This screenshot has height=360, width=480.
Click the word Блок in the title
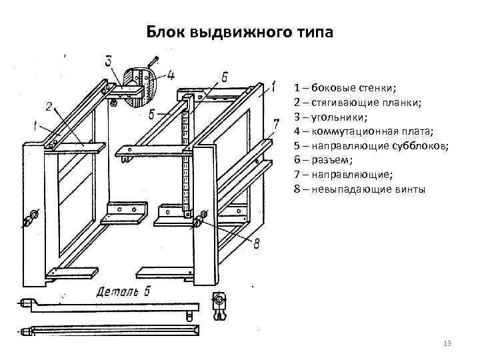pyautogui.click(x=167, y=33)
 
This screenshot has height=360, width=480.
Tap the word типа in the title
pyautogui.click(x=311, y=33)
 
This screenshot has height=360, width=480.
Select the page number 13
pyautogui.click(x=447, y=343)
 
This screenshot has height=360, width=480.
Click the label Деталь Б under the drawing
pyautogui.click(x=124, y=291)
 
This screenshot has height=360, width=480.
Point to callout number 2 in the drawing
pyautogui.click(x=49, y=105)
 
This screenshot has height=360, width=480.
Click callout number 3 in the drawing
pyautogui.click(x=109, y=61)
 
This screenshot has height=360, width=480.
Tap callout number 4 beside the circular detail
pyautogui.click(x=171, y=74)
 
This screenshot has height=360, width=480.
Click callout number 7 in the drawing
pyautogui.click(x=275, y=124)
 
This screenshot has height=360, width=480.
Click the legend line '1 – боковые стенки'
pyautogui.click(x=344, y=88)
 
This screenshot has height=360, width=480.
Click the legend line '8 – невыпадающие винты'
pyautogui.click(x=358, y=189)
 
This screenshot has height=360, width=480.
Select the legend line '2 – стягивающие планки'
pyautogui.click(x=357, y=103)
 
